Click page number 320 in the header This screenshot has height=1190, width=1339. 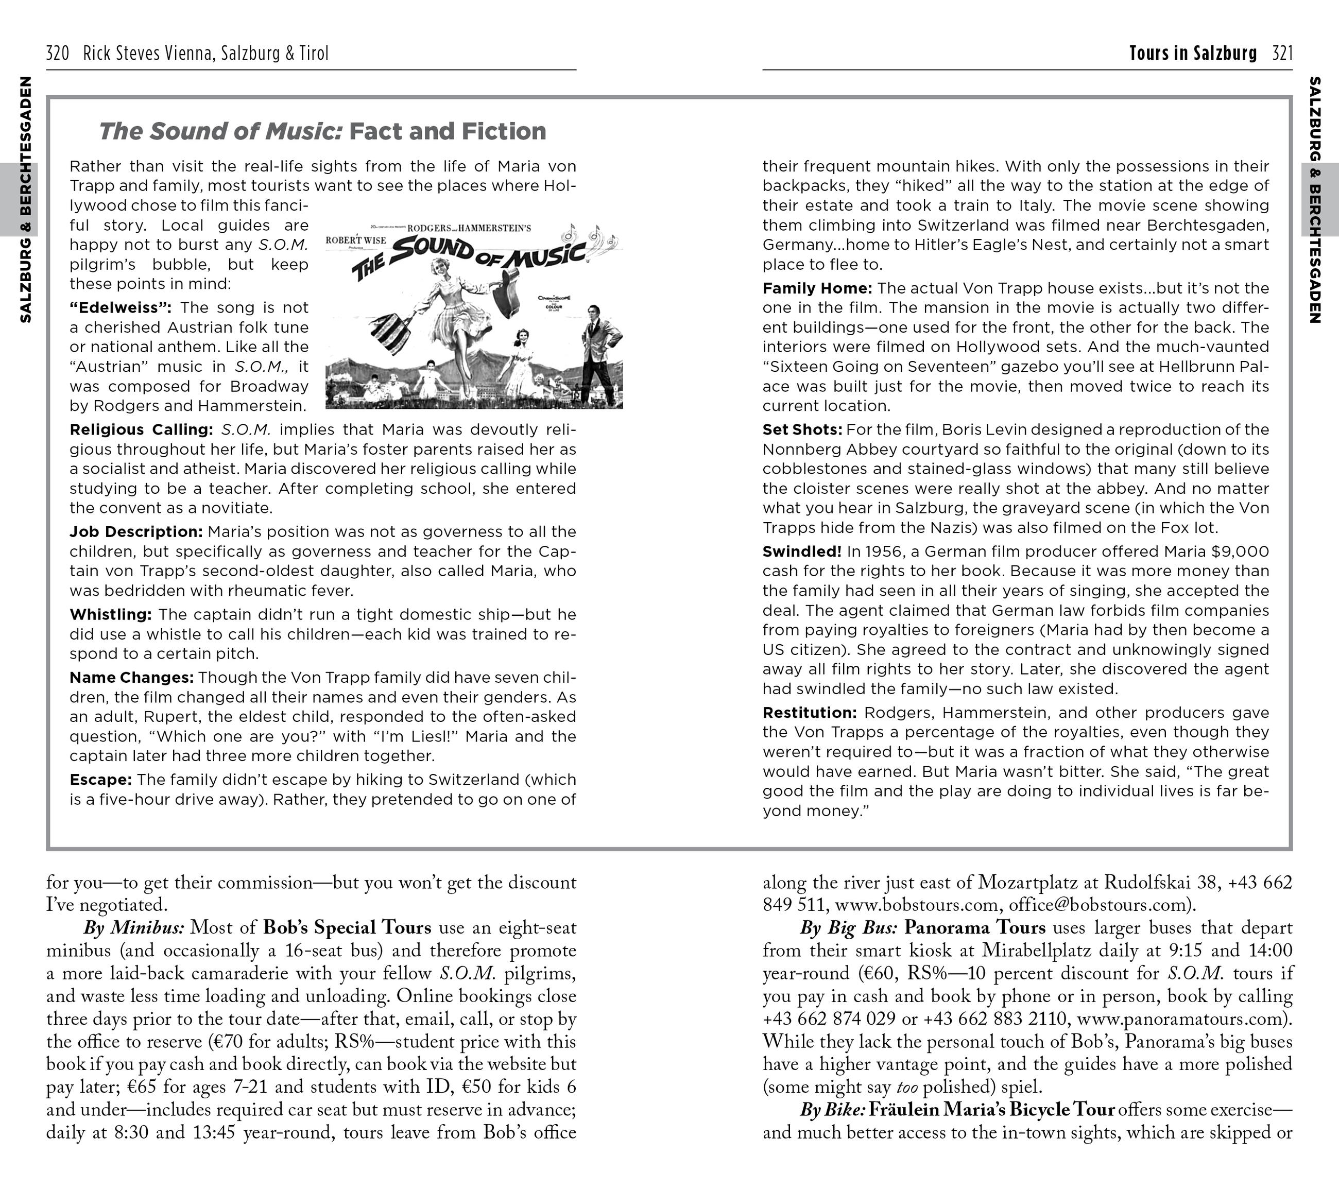[58, 53]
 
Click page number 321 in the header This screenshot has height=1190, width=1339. [1282, 53]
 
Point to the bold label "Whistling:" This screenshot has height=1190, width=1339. [111, 614]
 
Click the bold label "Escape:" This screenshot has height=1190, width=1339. [101, 780]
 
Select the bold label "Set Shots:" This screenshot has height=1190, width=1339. [802, 429]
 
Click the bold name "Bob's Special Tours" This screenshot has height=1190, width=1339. [347, 928]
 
